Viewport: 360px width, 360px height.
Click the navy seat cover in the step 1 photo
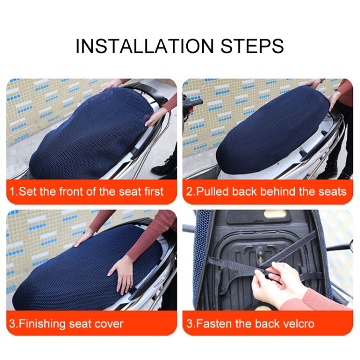click(x=91, y=134)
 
